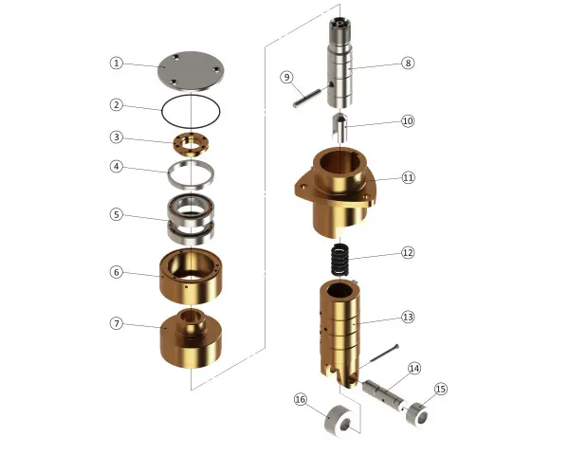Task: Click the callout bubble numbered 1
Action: (116, 64)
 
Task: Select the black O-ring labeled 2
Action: (162, 111)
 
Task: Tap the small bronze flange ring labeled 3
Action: (192, 144)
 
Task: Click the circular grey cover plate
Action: (192, 71)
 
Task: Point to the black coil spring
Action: (340, 260)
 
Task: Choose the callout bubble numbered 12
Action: (408, 252)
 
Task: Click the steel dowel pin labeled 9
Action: (306, 98)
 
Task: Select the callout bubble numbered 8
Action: (408, 63)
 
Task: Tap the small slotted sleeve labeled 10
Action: (340, 127)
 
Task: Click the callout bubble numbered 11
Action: (408, 177)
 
